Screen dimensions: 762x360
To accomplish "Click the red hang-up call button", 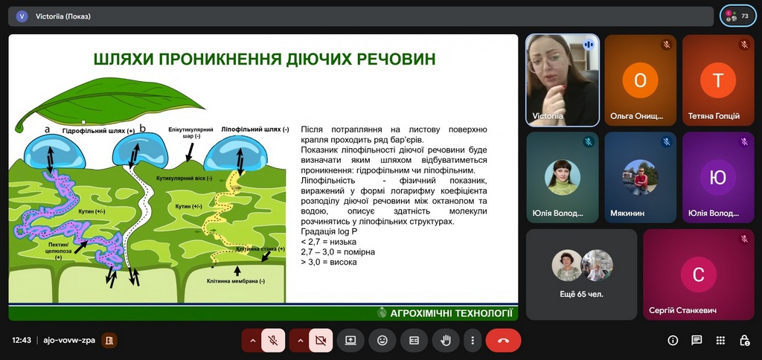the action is coord(504,341).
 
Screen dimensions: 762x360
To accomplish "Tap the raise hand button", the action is coord(446,341).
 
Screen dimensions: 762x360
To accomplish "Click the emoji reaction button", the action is coord(382,341).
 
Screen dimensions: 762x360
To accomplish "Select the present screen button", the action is coord(351,341).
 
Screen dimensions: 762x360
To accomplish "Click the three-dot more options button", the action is coord(473,341).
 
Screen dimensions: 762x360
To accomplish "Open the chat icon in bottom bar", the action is coord(697,341).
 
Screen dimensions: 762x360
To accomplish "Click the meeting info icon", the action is coord(673,341).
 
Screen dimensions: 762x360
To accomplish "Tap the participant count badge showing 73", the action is coord(737,16).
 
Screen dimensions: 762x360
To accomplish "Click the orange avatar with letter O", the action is coord(640,80).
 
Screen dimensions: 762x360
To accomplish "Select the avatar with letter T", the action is coord(718,80).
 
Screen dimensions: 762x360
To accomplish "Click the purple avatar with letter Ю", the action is coord(718,177).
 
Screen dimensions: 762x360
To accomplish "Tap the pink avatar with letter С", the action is coord(698,274).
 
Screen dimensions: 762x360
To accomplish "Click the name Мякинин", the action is coord(627,213).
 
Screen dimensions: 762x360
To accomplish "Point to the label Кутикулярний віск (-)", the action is coord(185,179).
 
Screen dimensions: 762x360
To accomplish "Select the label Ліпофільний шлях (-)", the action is coord(254,129).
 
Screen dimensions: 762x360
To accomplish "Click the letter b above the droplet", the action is coord(142,128).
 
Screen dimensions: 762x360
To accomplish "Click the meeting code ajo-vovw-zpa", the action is coord(69,341).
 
